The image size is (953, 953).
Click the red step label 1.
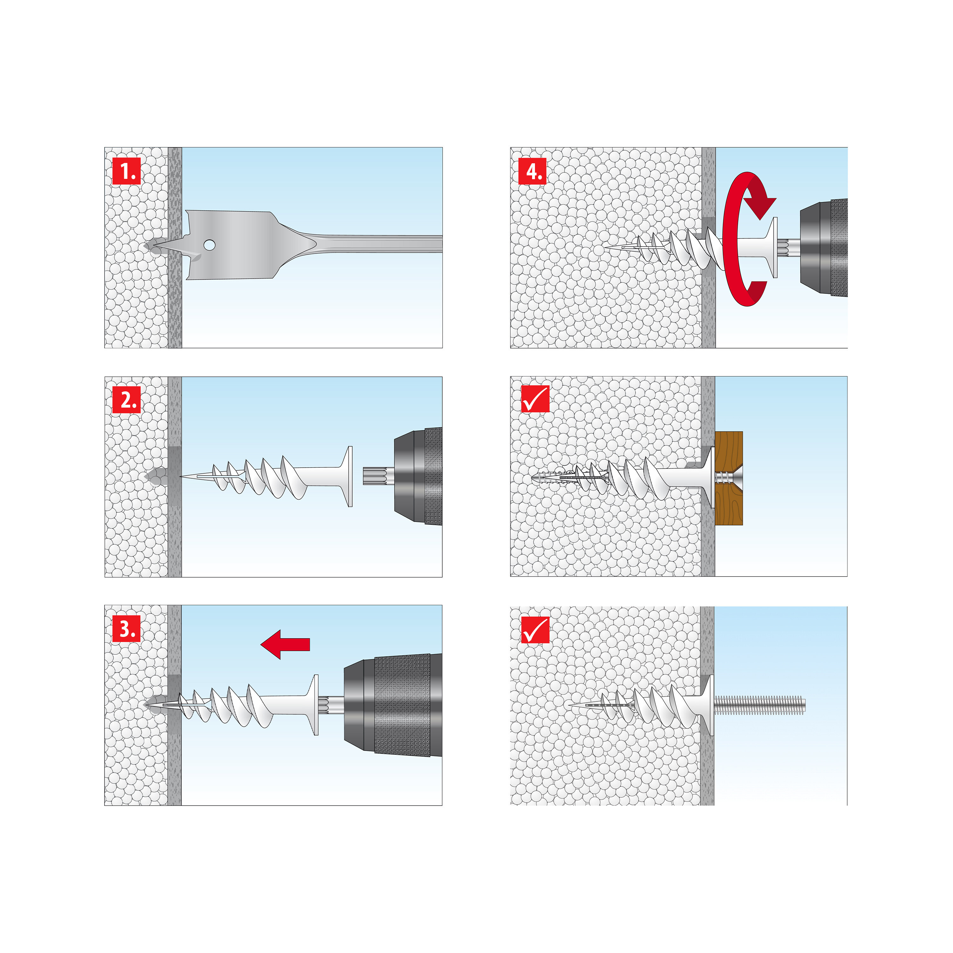[x=127, y=171]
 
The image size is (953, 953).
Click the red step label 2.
[x=127, y=400]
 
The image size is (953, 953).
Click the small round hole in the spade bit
[x=209, y=245]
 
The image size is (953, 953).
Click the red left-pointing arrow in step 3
[x=285, y=644]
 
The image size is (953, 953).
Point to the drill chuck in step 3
[x=395, y=705]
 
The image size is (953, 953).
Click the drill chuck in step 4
[x=824, y=248]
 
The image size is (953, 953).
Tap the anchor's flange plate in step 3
[x=316, y=705]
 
